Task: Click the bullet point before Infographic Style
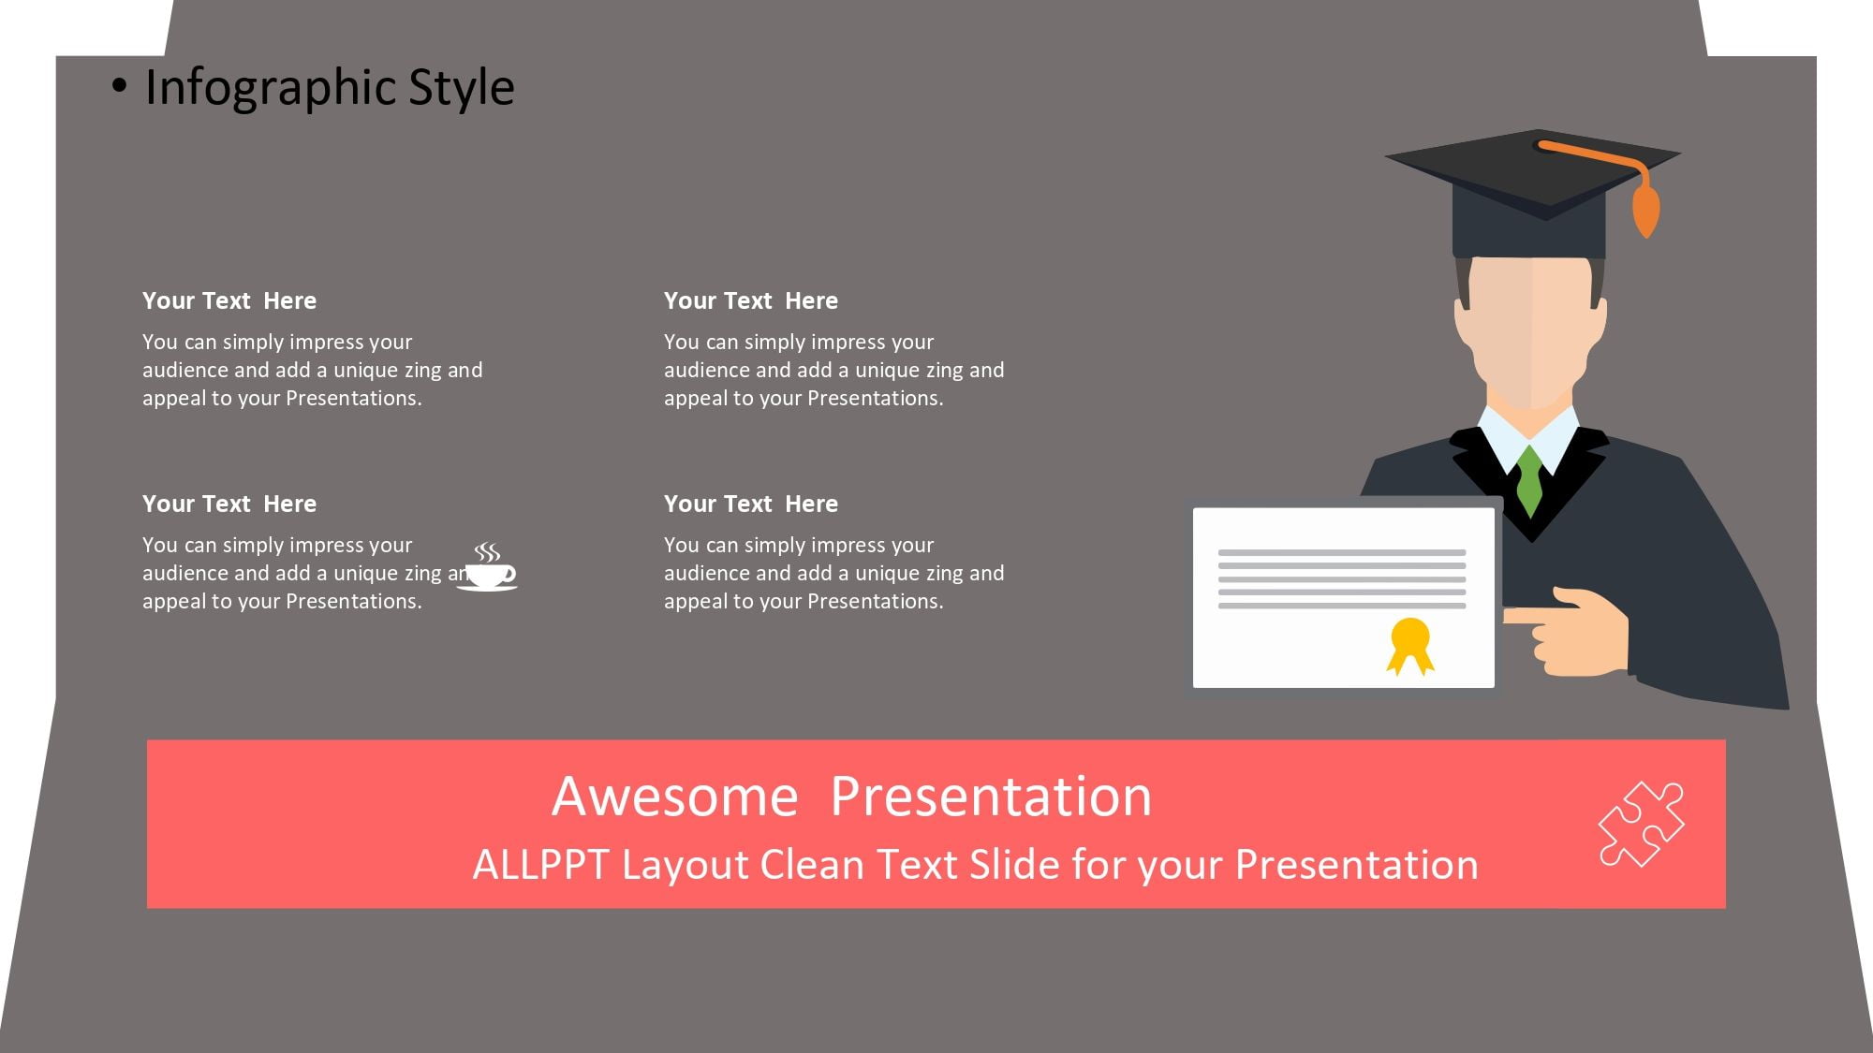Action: pyautogui.click(x=119, y=86)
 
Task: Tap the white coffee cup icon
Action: pyautogui.click(x=488, y=567)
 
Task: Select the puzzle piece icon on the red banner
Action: pyautogui.click(x=1641, y=824)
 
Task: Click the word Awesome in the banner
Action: pyautogui.click(x=674, y=797)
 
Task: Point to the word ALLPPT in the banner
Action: pyautogui.click(x=540, y=865)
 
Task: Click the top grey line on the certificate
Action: pyautogui.click(x=1342, y=552)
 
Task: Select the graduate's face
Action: pyautogui.click(x=1530, y=332)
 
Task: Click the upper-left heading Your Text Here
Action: pyautogui.click(x=229, y=300)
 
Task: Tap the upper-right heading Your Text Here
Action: pyautogui.click(x=751, y=300)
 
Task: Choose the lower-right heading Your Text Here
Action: pyautogui.click(x=751, y=504)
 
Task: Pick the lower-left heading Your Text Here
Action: pyautogui.click(x=229, y=504)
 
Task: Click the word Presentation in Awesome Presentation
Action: pyautogui.click(x=991, y=797)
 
